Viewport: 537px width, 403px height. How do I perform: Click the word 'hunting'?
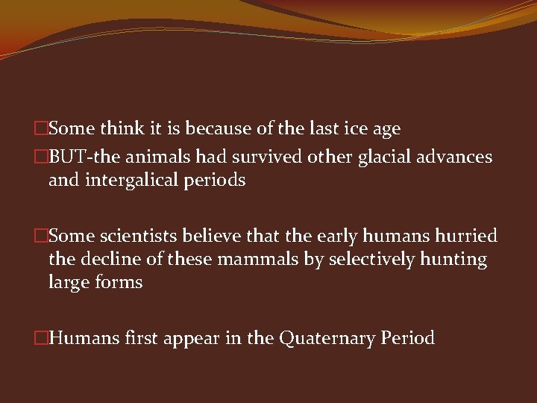(456, 260)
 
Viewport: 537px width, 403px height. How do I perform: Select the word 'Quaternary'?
(326, 338)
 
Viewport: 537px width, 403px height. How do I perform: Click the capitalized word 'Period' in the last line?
(407, 338)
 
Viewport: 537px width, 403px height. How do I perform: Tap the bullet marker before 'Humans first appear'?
(42, 339)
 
